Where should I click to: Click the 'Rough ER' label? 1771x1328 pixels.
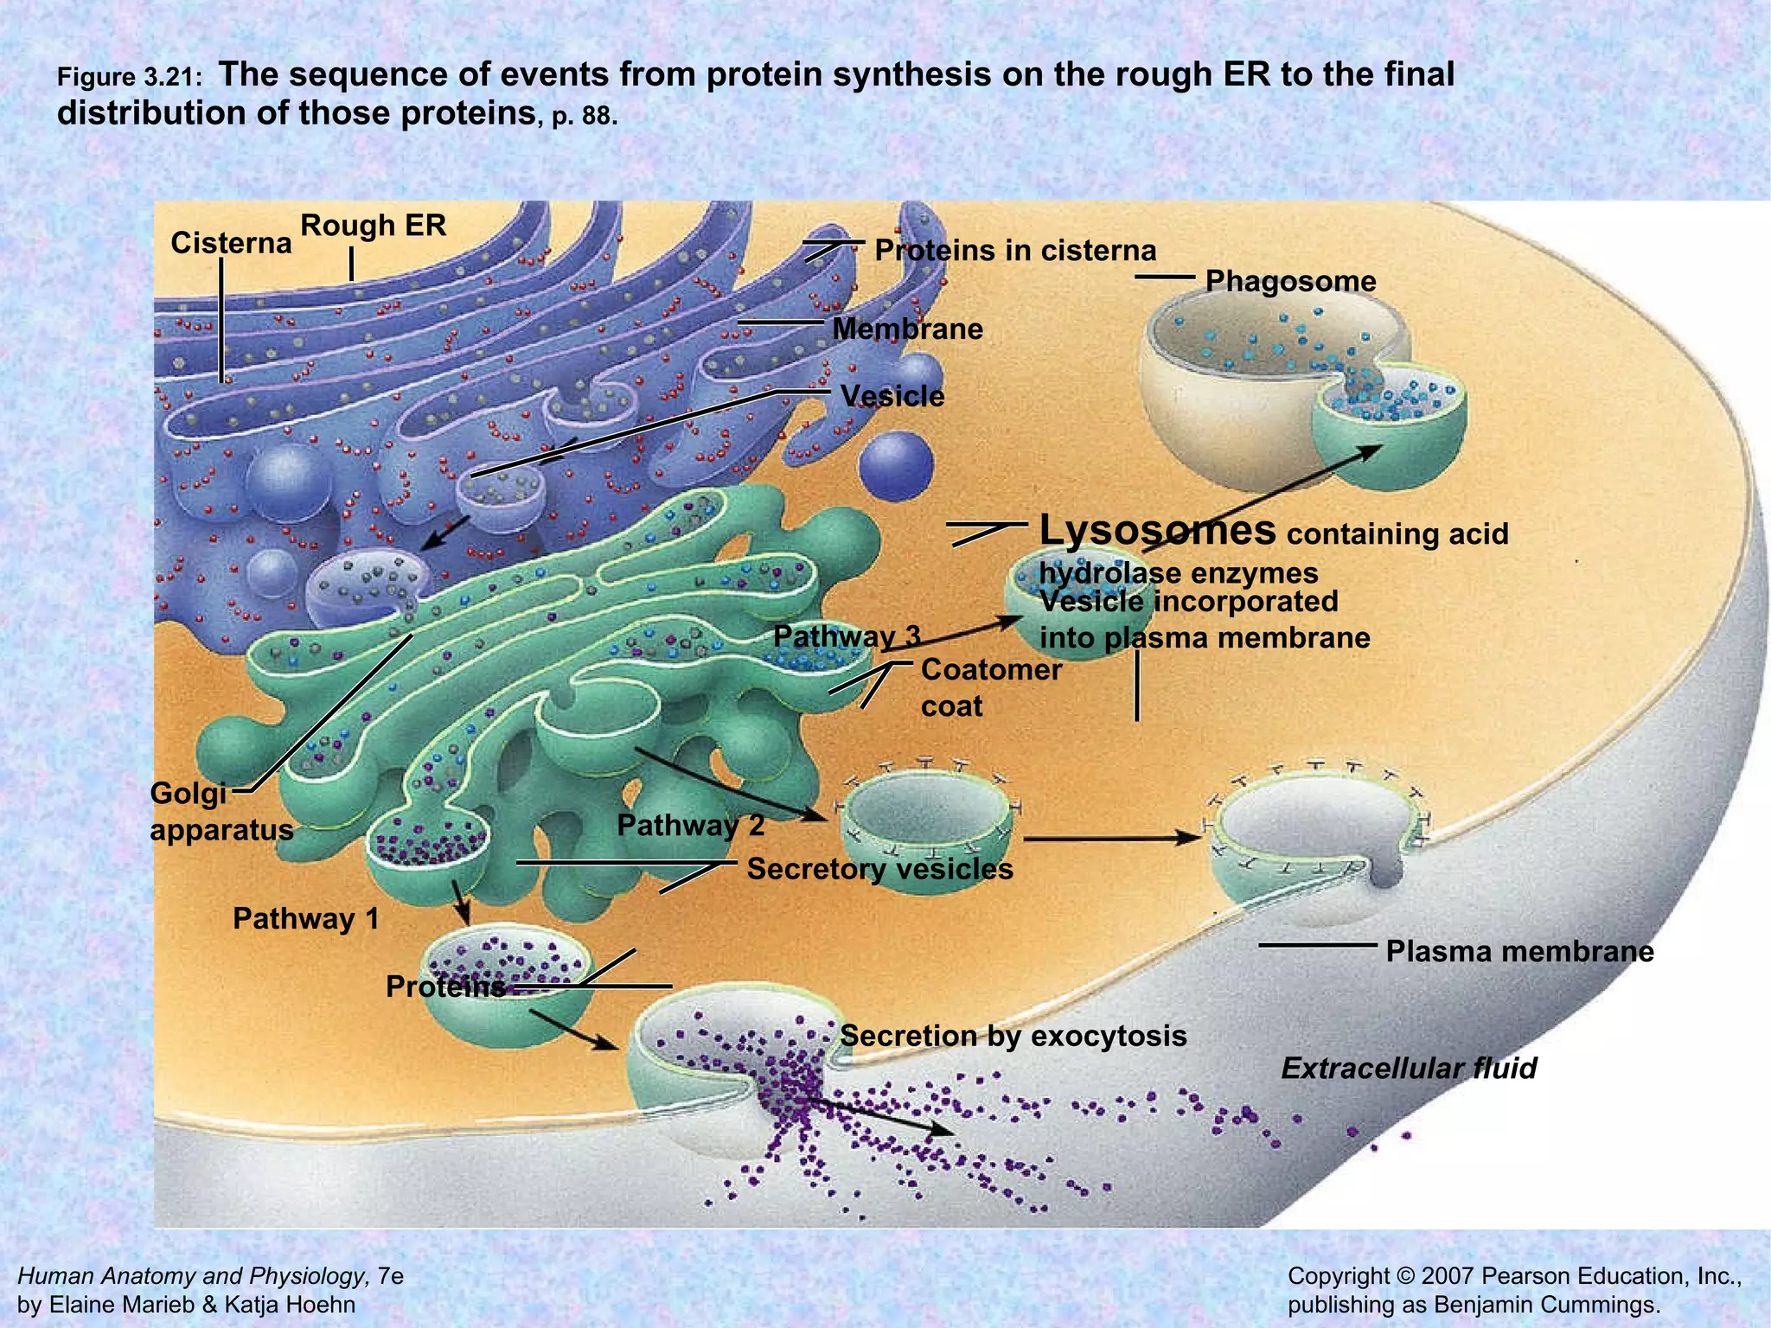[373, 226]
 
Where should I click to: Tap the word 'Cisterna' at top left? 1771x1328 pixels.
[231, 243]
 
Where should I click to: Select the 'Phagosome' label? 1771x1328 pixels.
[1290, 281]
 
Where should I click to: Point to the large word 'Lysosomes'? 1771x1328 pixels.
[1157, 530]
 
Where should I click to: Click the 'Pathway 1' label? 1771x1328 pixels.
[306, 918]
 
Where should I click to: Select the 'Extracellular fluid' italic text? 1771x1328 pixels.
[1409, 1069]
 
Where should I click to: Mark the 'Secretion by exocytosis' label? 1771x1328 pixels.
[1013, 1036]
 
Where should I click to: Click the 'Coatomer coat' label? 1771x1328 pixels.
[991, 687]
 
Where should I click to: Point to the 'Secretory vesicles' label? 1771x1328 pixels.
[879, 869]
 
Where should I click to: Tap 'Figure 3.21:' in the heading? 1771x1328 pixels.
[130, 78]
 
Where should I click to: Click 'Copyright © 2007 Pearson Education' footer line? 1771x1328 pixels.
[1514, 1276]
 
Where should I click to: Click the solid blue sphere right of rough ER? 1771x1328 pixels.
[896, 464]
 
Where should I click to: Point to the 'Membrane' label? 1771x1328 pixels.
[907, 329]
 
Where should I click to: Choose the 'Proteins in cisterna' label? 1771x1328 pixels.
[1015, 251]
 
